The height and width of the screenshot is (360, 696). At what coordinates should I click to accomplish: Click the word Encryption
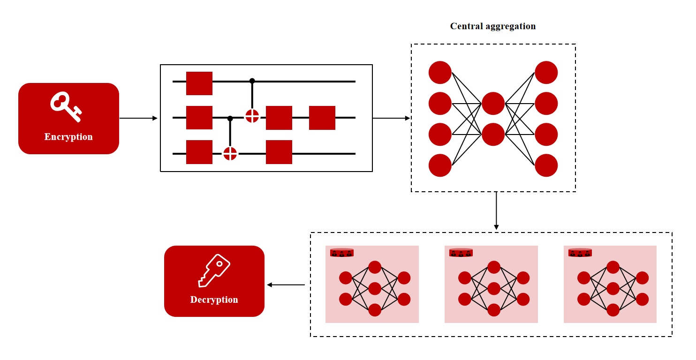(68, 137)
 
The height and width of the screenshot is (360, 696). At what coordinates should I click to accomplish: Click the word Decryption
(214, 300)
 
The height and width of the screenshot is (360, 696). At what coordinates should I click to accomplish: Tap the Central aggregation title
(493, 26)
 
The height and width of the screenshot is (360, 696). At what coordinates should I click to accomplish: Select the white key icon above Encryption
(66, 106)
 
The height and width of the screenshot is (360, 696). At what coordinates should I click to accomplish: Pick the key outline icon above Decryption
(214, 270)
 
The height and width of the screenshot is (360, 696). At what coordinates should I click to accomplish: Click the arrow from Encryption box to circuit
(138, 118)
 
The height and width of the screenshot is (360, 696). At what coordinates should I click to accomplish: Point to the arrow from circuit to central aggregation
(392, 118)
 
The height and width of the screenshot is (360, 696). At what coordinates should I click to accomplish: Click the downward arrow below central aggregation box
(496, 210)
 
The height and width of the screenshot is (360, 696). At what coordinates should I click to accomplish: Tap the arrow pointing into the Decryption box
(286, 285)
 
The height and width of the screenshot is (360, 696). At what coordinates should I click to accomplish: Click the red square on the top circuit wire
(199, 83)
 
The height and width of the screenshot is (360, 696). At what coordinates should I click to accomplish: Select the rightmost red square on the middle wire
(322, 118)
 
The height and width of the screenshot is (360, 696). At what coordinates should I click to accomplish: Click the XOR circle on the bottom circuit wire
(230, 153)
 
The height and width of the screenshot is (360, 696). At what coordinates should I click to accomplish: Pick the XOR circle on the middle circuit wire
(252, 116)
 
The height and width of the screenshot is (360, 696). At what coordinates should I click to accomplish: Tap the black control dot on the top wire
(252, 81)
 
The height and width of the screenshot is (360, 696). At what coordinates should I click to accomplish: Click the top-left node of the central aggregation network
(440, 72)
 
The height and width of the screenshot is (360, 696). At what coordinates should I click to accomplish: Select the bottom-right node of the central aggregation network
(546, 165)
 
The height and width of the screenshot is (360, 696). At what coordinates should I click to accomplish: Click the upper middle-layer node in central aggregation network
(493, 104)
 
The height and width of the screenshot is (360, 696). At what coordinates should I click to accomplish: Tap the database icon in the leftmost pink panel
(342, 253)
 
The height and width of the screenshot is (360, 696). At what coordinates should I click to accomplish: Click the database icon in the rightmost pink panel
(580, 253)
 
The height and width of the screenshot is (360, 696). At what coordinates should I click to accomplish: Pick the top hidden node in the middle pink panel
(494, 267)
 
